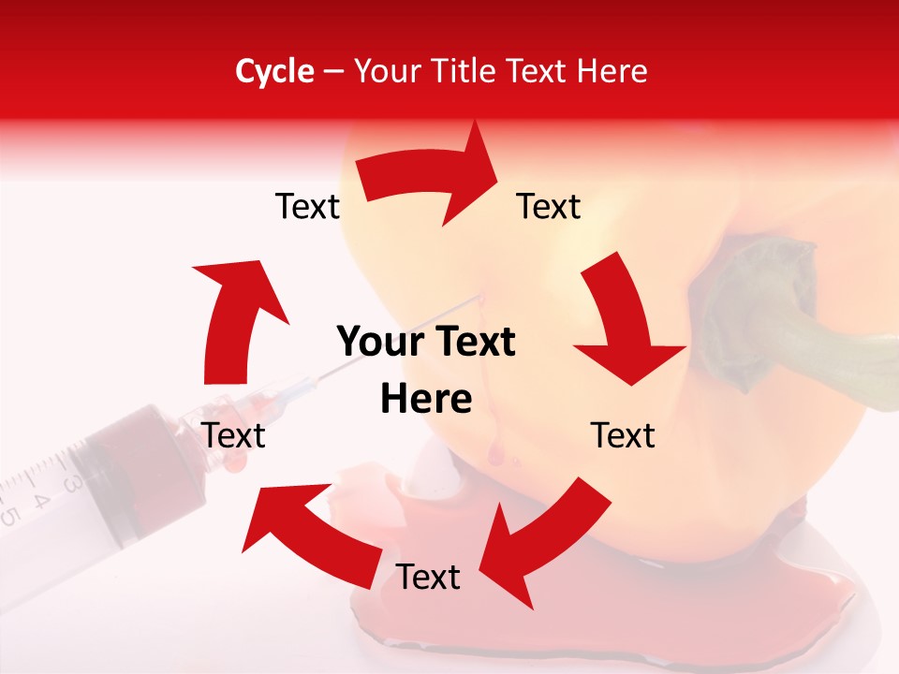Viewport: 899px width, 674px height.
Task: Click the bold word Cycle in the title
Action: pos(274,71)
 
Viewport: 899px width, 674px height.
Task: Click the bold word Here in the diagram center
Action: pos(426,399)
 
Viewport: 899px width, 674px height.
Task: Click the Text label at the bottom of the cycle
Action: pos(428,578)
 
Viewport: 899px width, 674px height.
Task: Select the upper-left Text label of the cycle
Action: pos(307,207)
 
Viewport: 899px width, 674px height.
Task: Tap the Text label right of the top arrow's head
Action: pos(549,207)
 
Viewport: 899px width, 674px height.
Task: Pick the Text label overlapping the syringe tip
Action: pos(234,435)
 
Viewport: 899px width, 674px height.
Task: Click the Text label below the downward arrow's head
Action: pos(623,435)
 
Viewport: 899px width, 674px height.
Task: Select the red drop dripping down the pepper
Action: pos(494,455)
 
